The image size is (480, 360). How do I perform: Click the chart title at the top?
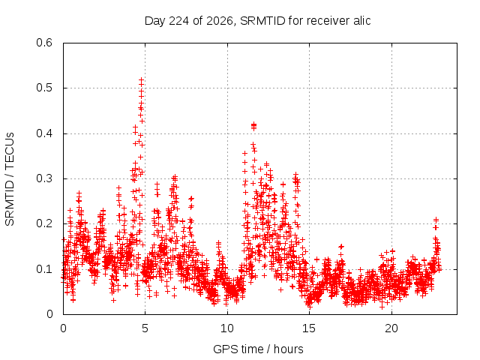tap(257, 21)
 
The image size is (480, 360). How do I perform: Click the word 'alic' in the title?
tap(362, 21)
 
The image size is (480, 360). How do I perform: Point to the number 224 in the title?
tap(178, 21)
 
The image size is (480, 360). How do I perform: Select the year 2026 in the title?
tap(219, 21)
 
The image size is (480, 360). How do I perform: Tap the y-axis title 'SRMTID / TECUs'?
tap(10, 179)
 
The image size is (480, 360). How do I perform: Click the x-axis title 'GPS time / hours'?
tap(258, 349)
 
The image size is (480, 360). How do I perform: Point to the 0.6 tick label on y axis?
tap(44, 43)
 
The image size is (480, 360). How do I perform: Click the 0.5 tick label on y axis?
tap(44, 88)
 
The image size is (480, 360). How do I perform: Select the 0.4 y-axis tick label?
tap(44, 133)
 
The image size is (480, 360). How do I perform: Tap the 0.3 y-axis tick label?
tap(44, 178)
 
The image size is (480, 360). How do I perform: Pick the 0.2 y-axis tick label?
tap(44, 223)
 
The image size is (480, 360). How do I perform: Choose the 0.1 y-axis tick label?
tap(44, 269)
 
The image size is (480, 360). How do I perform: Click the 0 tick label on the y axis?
tap(49, 314)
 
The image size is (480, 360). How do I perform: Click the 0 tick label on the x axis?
tap(63, 328)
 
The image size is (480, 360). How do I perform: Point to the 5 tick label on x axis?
tap(145, 328)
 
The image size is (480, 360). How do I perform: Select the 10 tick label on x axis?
tap(227, 328)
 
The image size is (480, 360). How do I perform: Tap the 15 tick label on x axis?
tap(309, 328)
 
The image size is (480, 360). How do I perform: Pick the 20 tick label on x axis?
tap(391, 328)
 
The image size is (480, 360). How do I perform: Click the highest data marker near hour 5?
tap(142, 80)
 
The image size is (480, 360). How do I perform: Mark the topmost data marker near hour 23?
tap(436, 220)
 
